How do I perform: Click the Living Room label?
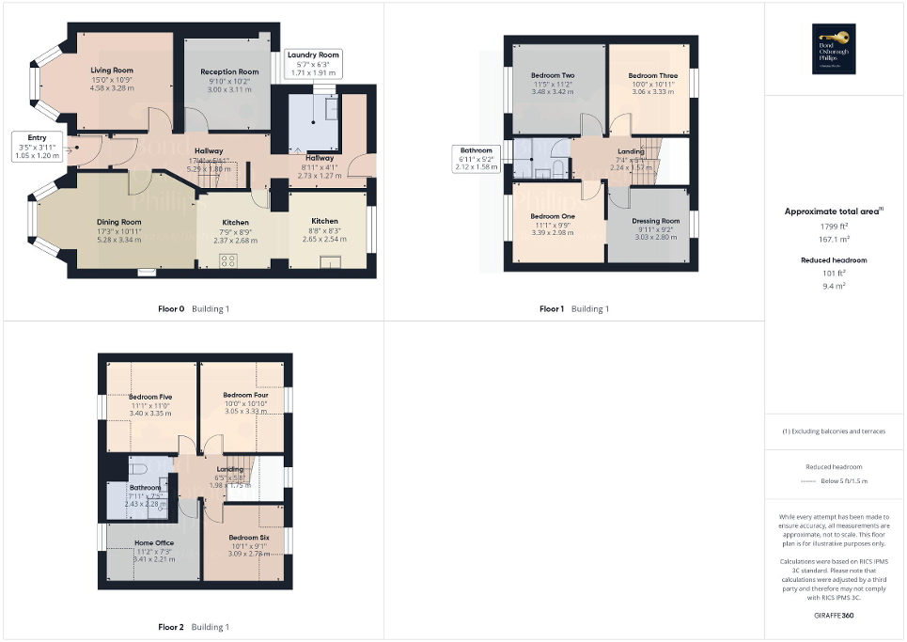[112, 70]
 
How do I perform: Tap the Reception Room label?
[229, 71]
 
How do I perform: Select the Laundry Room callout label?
[314, 55]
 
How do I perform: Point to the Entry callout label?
[37, 137]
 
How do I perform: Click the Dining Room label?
[119, 222]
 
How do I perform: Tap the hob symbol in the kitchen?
[227, 262]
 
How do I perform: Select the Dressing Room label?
[655, 221]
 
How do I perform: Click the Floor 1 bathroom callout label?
[477, 150]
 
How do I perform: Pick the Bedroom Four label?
[245, 395]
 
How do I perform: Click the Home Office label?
[153, 542]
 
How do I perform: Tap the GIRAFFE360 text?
[835, 616]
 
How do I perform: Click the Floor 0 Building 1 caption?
[194, 308]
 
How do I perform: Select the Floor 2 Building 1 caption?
[193, 627]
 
